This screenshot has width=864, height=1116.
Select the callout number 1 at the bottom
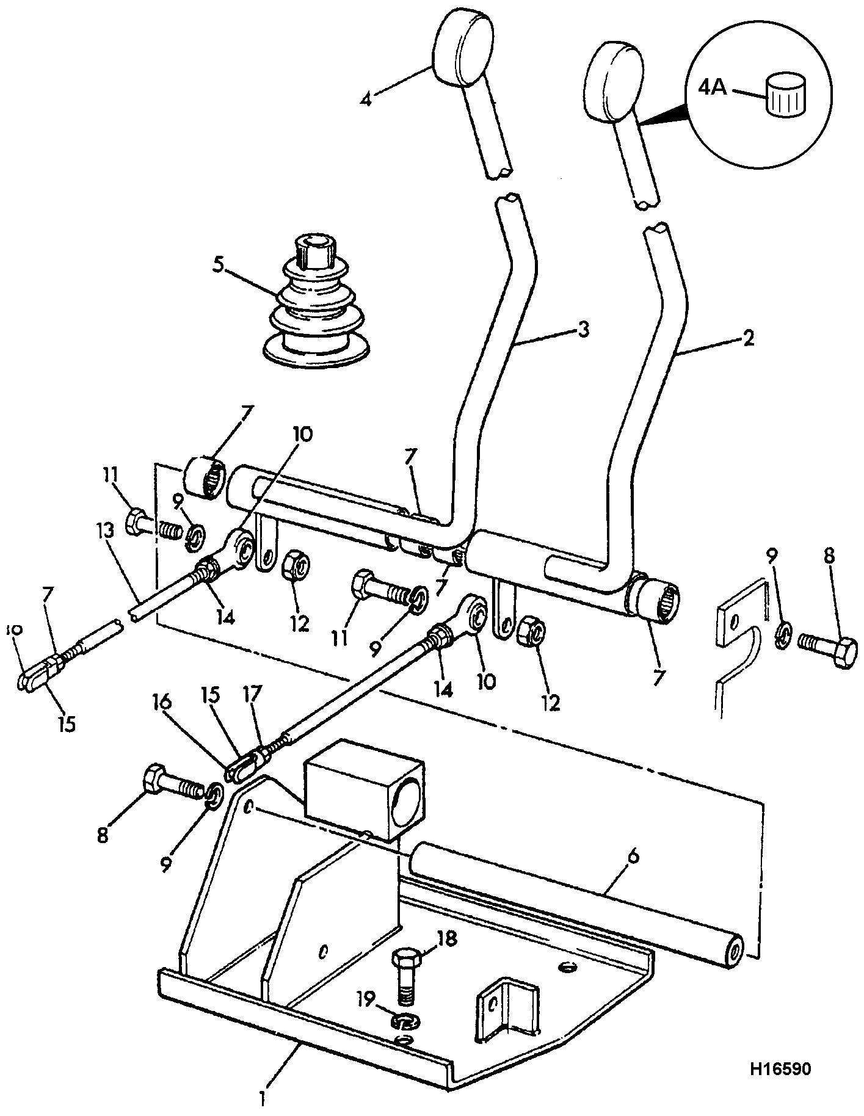coord(263,1099)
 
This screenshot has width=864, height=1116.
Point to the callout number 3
coord(584,330)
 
